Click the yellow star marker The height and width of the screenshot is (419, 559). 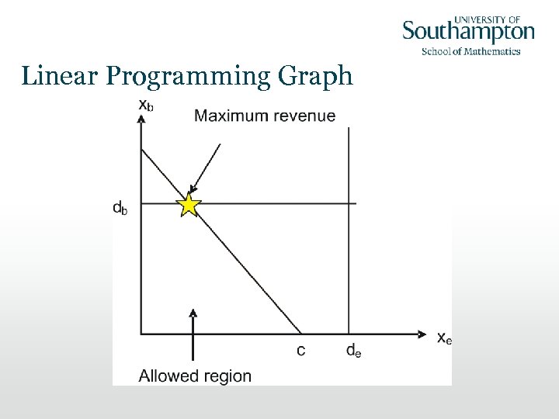pyautogui.click(x=188, y=205)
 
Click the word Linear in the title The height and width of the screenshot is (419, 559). pyautogui.click(x=59, y=76)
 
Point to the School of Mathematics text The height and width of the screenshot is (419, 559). pyautogui.click(x=470, y=52)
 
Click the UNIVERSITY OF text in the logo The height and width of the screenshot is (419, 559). pyautogui.click(x=486, y=18)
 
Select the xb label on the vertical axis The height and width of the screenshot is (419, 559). pyautogui.click(x=145, y=106)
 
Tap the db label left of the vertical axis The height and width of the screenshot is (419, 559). pyautogui.click(x=120, y=207)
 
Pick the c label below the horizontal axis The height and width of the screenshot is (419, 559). pyautogui.click(x=300, y=351)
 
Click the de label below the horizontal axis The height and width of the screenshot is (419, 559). pyautogui.click(x=352, y=351)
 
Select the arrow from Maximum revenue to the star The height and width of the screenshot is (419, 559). pyautogui.click(x=207, y=167)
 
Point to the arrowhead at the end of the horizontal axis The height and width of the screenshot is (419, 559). pyautogui.click(x=422, y=334)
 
